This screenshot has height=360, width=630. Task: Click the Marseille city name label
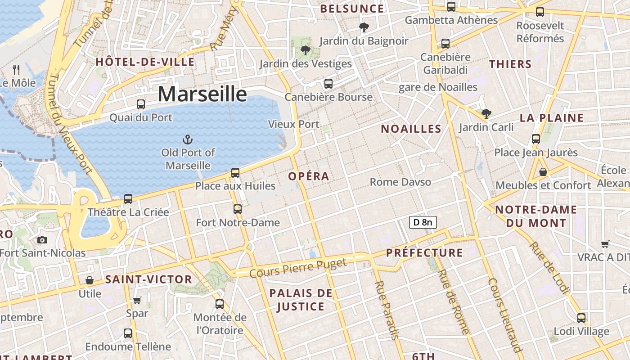pos(202,94)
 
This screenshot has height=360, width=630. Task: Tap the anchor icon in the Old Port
pos(188,139)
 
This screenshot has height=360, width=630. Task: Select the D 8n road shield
pos(423,222)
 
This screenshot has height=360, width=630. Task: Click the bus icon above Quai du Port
pos(141,104)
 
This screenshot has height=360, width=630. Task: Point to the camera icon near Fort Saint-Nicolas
pos(42,240)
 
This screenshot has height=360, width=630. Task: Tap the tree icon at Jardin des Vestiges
pos(306,50)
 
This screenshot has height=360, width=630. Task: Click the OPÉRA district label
pos(309,176)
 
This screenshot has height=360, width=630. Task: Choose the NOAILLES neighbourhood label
pos(411,129)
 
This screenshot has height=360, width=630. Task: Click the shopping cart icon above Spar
pos(137,300)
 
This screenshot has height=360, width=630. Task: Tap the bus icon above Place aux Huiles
pos(235,172)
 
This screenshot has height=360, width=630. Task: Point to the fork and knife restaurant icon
pos(17,70)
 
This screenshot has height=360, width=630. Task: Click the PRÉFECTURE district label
pos(424,253)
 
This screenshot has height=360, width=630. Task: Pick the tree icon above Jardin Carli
pos(486,113)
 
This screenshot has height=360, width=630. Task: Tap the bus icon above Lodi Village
pos(581,318)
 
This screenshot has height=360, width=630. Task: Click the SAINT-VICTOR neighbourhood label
pos(148,279)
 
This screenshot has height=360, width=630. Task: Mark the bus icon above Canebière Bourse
pos(328,83)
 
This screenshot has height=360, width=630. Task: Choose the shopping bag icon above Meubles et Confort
pos(543,172)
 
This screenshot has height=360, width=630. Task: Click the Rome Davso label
pos(400,182)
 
